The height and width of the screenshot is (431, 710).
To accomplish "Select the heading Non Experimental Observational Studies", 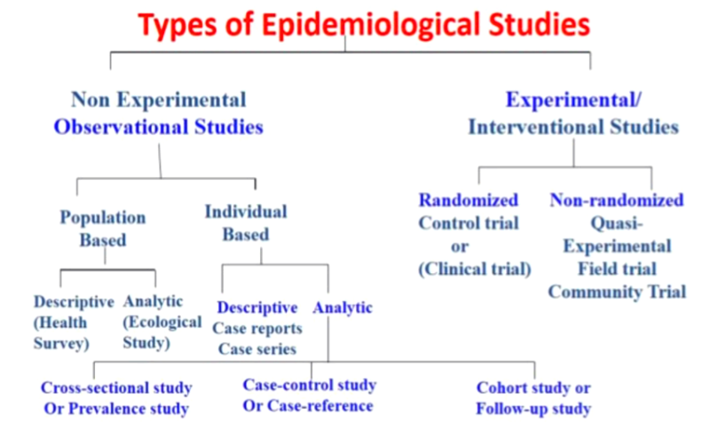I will [x=159, y=113].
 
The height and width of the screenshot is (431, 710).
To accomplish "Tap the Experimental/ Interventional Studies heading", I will [x=573, y=113].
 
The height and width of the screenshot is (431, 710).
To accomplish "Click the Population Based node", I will [x=103, y=228].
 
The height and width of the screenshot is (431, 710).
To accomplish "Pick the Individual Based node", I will [x=246, y=223].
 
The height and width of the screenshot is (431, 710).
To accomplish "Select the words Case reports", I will [x=257, y=328].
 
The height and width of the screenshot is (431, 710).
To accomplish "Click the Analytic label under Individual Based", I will [x=343, y=308].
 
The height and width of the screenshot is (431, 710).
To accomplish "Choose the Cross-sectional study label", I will [x=116, y=388].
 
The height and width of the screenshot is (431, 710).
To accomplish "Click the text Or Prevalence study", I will [x=116, y=409].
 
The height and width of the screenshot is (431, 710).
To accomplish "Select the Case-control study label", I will [x=310, y=385].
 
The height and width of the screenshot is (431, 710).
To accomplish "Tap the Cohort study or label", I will [x=533, y=388].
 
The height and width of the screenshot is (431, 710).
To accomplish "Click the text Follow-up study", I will [x=533, y=409].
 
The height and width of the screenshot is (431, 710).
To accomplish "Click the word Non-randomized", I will [x=617, y=200].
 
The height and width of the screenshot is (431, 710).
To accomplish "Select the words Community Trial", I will [x=617, y=292].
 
